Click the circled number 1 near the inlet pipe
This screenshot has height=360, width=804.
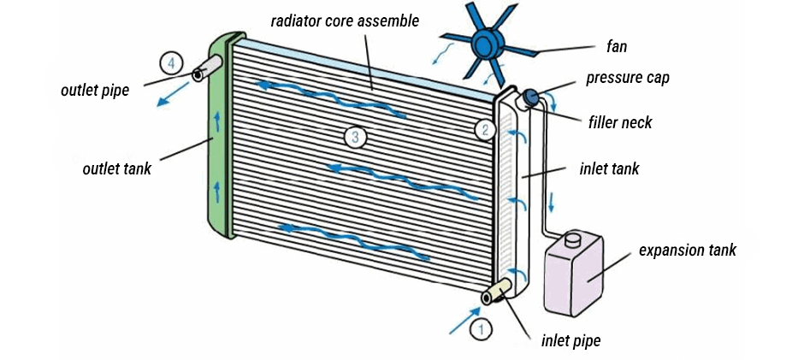coord(481,327)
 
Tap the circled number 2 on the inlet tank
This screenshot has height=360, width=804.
coord(485,130)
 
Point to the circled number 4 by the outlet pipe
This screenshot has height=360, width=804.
coord(171,62)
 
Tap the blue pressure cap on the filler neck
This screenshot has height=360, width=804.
coord(530,97)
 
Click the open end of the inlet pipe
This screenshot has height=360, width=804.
coord(489,298)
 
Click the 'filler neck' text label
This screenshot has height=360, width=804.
coord(620,123)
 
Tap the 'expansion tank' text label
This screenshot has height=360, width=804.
coord(688,251)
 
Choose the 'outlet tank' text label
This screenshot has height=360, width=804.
coord(116,168)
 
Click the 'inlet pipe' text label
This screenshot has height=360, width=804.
coord(570,340)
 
